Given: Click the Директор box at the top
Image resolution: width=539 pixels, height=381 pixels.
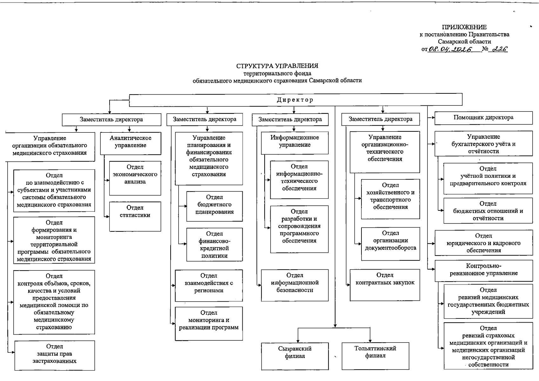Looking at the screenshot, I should (295, 100).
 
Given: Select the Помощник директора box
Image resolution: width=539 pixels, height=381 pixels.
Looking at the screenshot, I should (483, 118).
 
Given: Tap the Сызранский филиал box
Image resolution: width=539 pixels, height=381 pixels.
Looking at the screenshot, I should (295, 356).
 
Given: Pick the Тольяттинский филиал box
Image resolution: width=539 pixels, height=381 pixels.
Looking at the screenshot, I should (375, 355).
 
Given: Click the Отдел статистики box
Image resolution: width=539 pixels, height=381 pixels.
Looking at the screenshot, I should (135, 216).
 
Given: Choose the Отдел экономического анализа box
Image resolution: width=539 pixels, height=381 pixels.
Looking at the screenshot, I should (135, 178).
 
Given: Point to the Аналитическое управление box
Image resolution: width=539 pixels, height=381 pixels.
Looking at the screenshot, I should (131, 144).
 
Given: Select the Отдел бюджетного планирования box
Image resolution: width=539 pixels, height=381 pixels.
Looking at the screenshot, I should (214, 206).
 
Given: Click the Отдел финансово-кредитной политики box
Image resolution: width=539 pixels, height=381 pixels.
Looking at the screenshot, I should (214, 244).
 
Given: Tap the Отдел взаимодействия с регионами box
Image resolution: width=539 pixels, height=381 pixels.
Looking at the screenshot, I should (209, 285).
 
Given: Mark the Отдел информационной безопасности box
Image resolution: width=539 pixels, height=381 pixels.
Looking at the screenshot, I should (295, 285).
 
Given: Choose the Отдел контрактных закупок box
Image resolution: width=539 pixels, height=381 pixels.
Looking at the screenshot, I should (385, 285).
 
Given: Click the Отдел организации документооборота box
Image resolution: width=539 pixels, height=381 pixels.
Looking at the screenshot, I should (390, 244).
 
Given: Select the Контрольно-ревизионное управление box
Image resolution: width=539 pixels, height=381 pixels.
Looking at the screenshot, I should (483, 271).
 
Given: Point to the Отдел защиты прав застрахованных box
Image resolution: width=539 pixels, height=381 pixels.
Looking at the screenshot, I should (54, 355).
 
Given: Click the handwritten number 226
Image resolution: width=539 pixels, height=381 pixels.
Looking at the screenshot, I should (500, 49).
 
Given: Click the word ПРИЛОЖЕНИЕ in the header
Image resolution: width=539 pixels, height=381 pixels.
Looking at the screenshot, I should (464, 27).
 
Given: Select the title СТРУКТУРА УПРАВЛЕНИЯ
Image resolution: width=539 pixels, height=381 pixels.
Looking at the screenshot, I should (277, 66).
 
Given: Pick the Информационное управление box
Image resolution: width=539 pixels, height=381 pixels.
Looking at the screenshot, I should (295, 143).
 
